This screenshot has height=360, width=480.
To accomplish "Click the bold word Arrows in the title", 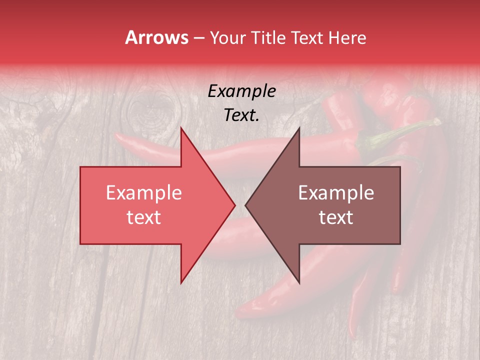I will (156, 37).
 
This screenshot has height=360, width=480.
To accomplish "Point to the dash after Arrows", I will (198, 38).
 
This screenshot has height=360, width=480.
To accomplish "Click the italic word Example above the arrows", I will (241, 91).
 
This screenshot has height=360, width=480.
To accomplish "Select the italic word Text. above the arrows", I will (241, 115).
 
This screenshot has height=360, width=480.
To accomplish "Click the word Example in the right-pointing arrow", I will (144, 193).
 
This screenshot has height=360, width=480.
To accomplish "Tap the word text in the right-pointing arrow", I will (144, 217).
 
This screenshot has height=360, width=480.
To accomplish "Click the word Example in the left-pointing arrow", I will (336, 193).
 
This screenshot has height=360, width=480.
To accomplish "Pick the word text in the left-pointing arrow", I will (336, 217).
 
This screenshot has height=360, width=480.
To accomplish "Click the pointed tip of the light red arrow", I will (234, 205).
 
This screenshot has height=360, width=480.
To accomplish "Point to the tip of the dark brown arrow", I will (246, 205).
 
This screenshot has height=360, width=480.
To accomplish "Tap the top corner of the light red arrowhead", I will (181, 128).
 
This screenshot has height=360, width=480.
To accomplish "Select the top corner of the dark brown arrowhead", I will (299, 128).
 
